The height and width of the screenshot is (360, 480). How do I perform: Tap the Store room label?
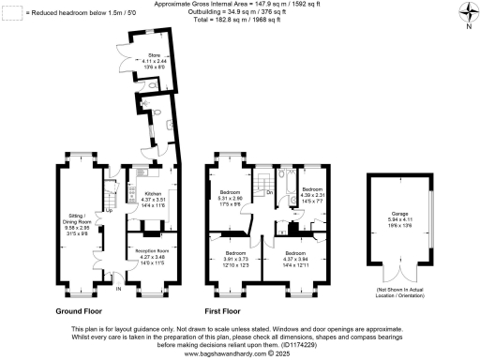pyautogui.click(x=155, y=59)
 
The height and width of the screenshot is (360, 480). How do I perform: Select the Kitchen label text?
pyautogui.click(x=153, y=198)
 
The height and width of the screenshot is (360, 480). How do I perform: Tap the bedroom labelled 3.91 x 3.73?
pyautogui.click(x=234, y=257)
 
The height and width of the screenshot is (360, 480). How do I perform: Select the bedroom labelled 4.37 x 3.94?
pyautogui.click(x=296, y=258)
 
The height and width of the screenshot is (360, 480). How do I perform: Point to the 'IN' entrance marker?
pyautogui.click(x=118, y=289)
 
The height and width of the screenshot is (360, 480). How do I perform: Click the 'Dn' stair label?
pyautogui.click(x=269, y=192)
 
